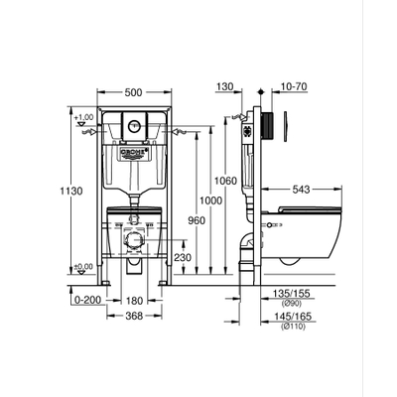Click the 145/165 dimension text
coord(291,317)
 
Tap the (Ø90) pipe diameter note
coord(290,304)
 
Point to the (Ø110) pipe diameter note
coord(290,327)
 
